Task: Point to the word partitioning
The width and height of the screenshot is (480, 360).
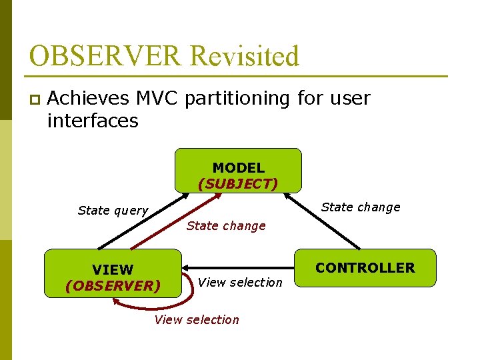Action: coord(237,99)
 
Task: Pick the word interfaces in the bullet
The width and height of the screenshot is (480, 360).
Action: coord(93,121)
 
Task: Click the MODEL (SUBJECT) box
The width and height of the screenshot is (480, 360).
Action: coord(238,171)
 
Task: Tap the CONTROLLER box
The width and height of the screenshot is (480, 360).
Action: coord(365,268)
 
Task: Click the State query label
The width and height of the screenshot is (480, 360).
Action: coord(113,211)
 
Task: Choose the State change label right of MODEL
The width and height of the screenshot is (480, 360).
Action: coord(361,207)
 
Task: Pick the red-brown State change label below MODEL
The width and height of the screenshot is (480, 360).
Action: coord(226,226)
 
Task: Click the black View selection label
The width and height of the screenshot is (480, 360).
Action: coord(240,283)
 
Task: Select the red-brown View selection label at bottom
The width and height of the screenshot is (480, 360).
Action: coord(196,320)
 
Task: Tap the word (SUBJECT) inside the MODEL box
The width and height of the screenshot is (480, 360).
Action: coord(238,183)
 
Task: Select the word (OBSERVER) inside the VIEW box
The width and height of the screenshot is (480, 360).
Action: coord(113,285)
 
